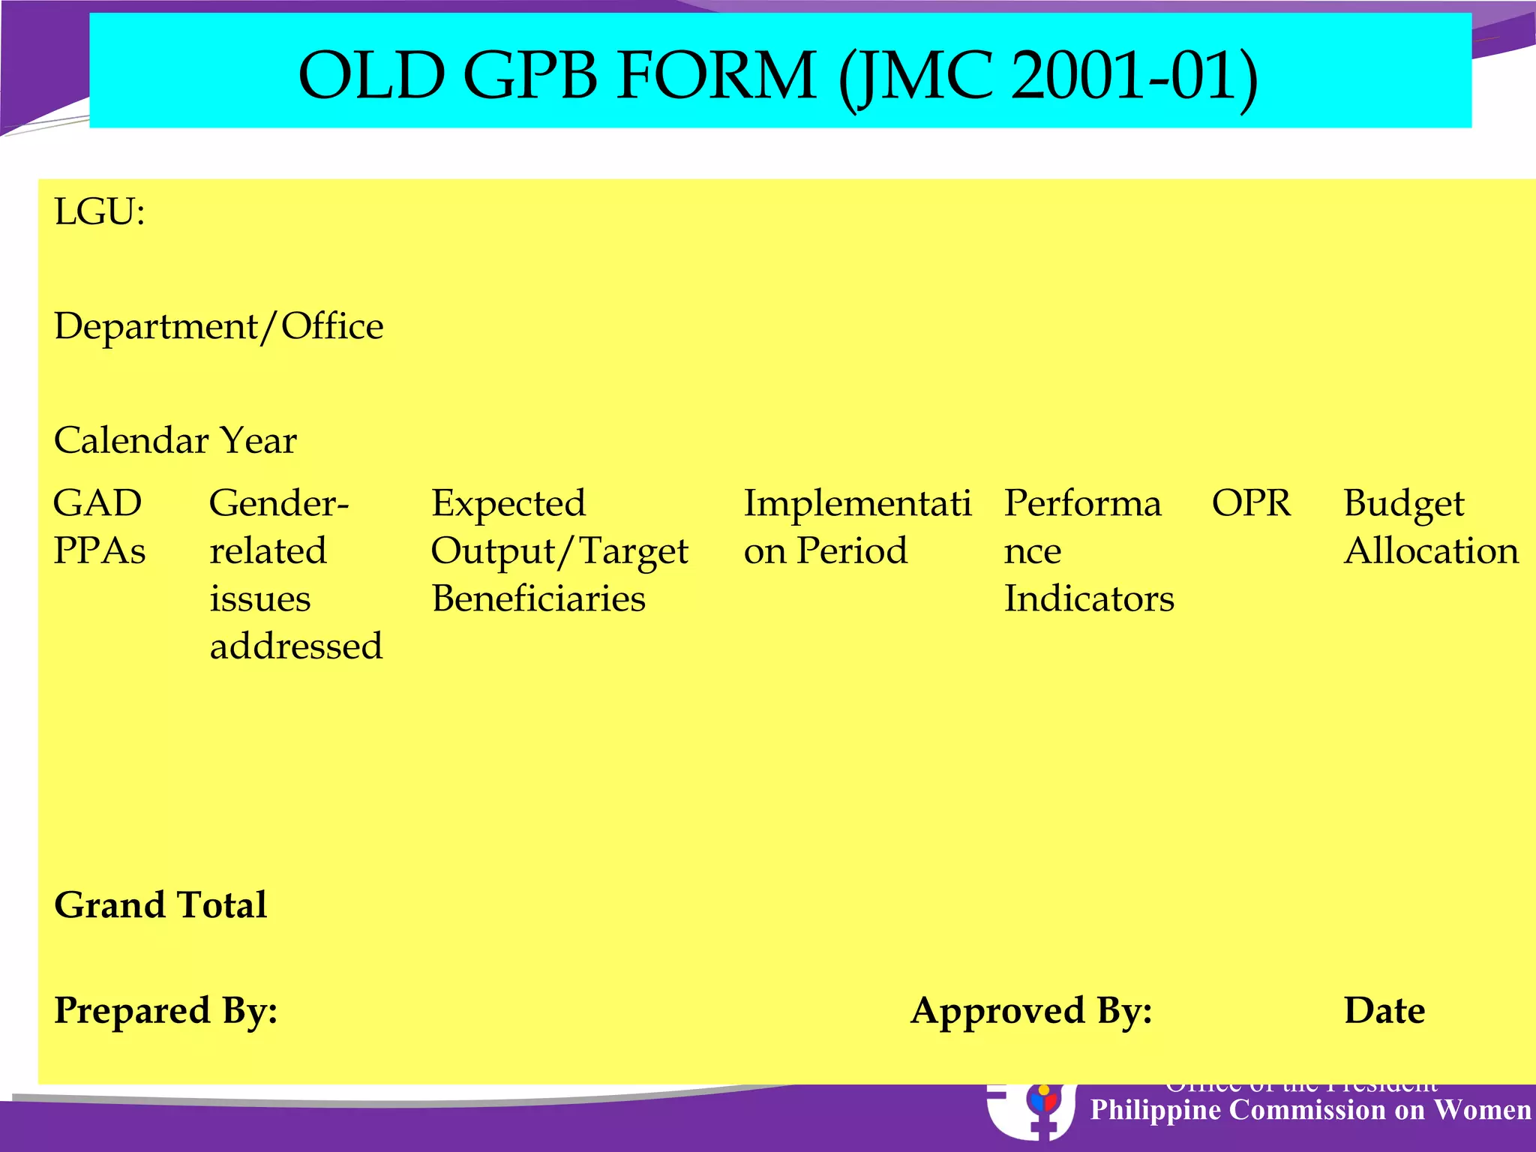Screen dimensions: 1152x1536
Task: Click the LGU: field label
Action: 100,212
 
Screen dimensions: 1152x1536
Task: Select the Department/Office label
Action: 218,326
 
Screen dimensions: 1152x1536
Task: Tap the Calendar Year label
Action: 175,440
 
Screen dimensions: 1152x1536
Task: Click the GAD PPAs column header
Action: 98,526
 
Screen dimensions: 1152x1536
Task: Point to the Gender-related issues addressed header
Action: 295,574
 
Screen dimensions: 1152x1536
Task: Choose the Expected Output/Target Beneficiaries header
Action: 559,550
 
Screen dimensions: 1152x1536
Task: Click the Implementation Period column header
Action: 856,526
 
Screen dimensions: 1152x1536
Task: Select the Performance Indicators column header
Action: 1088,550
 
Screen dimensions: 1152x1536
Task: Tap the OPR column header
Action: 1251,503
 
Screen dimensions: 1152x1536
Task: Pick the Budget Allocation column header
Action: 1430,526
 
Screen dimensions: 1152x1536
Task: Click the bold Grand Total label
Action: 160,904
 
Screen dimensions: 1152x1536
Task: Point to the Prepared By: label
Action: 166,1010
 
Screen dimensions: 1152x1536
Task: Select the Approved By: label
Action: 1031,1010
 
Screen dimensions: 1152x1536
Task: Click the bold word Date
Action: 1384,1010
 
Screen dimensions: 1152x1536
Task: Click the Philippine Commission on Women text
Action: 1310,1110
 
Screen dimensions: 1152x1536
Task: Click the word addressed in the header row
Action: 296,646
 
